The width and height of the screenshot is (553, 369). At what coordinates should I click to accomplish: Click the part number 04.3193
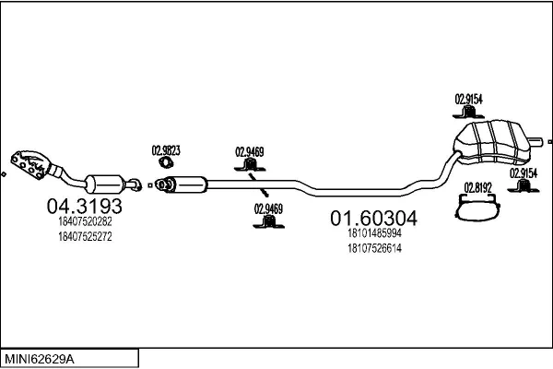coord(84,205)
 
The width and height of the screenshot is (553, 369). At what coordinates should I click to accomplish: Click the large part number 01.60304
coord(373,219)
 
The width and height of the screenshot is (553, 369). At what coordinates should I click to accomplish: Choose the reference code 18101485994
coord(374,234)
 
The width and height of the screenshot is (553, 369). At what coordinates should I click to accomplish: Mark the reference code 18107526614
coord(374,248)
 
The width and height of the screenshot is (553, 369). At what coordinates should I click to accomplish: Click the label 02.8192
coord(477,187)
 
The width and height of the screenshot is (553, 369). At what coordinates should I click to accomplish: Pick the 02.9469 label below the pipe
coord(267,208)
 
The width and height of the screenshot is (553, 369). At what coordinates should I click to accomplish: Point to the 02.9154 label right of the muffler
coord(524,173)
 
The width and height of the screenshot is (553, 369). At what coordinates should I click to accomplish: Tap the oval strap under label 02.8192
coord(478,208)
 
